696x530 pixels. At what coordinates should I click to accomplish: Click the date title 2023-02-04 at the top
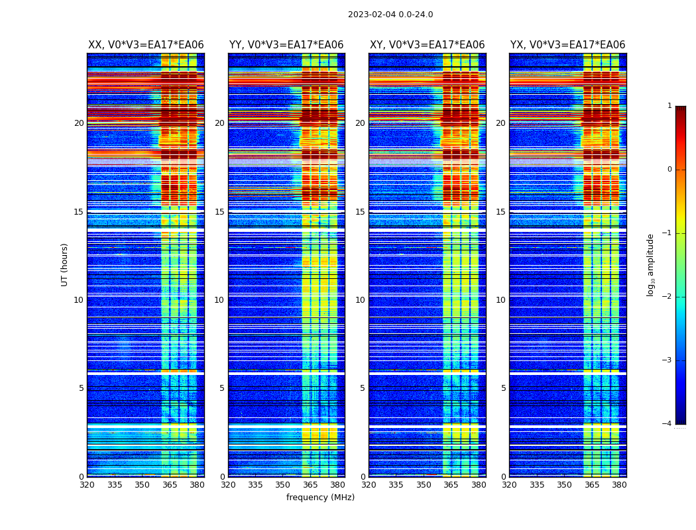tap(390, 15)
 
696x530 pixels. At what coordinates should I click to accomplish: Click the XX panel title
tap(146, 45)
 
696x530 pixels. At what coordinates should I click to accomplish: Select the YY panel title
tap(286, 45)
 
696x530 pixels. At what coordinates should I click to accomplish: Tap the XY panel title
tap(427, 45)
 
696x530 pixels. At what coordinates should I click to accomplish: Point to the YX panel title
tap(567, 45)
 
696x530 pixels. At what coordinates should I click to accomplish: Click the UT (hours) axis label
tap(65, 264)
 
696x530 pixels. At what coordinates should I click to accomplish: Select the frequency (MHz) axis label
tap(320, 498)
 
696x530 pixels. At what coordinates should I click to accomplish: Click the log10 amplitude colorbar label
tap(651, 264)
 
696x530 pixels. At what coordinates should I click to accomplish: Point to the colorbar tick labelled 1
tap(669, 106)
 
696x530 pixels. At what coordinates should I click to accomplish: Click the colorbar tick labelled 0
tap(669, 170)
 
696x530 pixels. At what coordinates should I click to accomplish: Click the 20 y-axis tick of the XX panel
tap(79, 123)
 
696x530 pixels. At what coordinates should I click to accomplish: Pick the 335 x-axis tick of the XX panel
tap(115, 485)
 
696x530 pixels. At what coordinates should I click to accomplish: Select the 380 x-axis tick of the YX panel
tap(619, 485)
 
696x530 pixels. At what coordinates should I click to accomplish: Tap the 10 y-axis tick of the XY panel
tap(360, 300)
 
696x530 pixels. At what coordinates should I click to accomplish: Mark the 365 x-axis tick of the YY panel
tap(310, 485)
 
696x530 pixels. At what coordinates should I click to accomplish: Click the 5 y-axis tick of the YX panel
tap(504, 388)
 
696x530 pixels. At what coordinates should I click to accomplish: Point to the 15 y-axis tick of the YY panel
tap(219, 212)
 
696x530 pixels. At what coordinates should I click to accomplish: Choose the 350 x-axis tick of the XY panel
tap(424, 485)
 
